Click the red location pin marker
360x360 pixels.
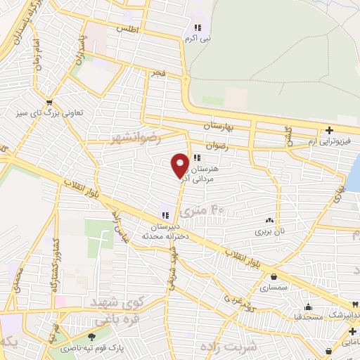(180, 165)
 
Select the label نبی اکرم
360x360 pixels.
(198, 39)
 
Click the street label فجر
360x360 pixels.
(157, 72)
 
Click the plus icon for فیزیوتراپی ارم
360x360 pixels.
(329, 131)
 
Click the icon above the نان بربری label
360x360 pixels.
(270, 219)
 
